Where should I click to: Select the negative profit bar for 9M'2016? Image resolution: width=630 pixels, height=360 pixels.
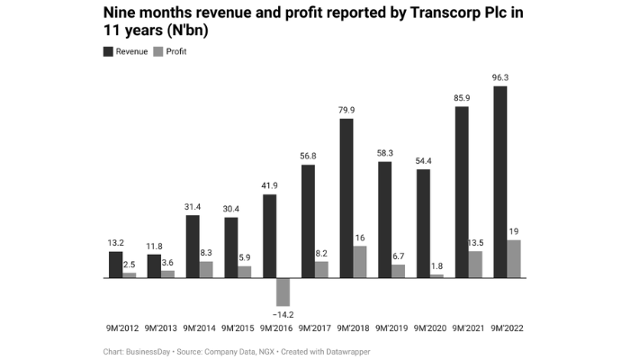pyautogui.click(x=283, y=292)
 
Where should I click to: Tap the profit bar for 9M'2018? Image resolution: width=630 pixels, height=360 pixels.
pyautogui.click(x=359, y=262)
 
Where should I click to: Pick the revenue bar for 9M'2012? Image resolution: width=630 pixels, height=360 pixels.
pyautogui.click(x=115, y=265)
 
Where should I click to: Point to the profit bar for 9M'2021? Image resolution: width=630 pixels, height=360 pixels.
pyautogui.click(x=475, y=265)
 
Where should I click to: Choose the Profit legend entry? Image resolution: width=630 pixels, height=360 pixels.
pyautogui.click(x=170, y=51)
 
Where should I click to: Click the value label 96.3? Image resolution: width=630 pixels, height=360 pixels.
pyautogui.click(x=500, y=78)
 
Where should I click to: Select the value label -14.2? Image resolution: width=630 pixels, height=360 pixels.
pyautogui.click(x=283, y=314)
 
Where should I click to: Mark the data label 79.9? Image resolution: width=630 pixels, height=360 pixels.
pyautogui.click(x=346, y=110)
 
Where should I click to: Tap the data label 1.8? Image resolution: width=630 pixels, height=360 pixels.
pyautogui.click(x=436, y=265)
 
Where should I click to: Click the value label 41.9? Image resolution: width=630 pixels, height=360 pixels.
pyautogui.click(x=269, y=185)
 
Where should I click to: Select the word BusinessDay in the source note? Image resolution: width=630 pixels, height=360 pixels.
pyautogui.click(x=139, y=351)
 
